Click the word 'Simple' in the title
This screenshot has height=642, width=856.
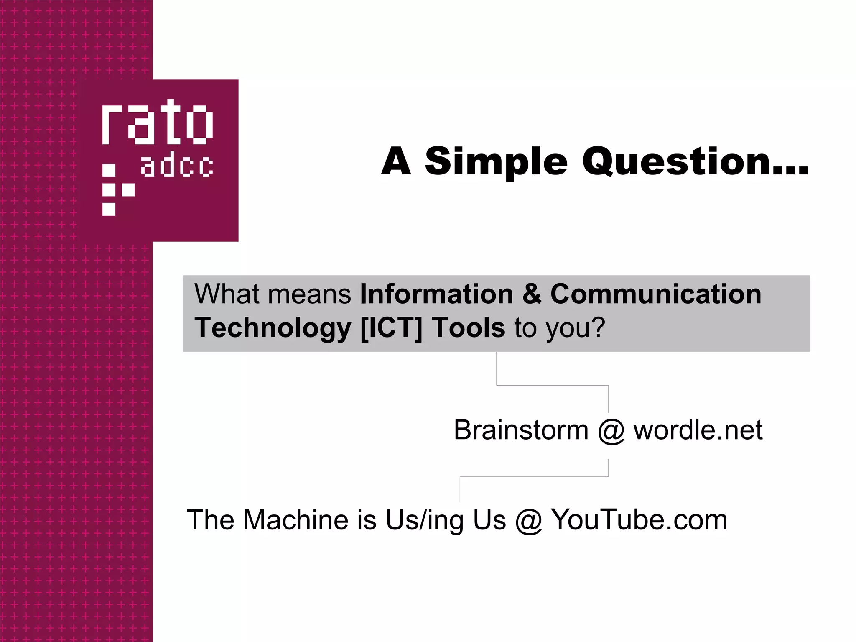pyautogui.click(x=496, y=162)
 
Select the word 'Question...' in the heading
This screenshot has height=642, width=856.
pyautogui.click(x=695, y=162)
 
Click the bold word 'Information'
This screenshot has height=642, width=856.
pyautogui.click(x=436, y=294)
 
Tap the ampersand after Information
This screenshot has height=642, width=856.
pyautogui.click(x=532, y=294)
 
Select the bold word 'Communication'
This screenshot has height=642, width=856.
pyautogui.click(x=656, y=294)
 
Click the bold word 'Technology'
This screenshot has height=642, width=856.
pyautogui.click(x=273, y=328)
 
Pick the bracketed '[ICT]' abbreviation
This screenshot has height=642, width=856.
pyautogui.click(x=391, y=327)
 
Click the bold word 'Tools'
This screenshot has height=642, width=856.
pyautogui.click(x=468, y=327)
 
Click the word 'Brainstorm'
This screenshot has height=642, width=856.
pyautogui.click(x=521, y=430)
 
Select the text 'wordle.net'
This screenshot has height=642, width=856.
pyautogui.click(x=698, y=430)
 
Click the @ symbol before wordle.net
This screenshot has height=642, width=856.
pyautogui.click(x=611, y=431)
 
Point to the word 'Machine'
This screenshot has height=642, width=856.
pyautogui.click(x=296, y=520)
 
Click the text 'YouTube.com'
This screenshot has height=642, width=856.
pyautogui.click(x=639, y=520)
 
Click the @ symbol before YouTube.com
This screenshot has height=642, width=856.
pyautogui.click(x=528, y=521)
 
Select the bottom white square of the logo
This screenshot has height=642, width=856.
pyautogui.click(x=109, y=209)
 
